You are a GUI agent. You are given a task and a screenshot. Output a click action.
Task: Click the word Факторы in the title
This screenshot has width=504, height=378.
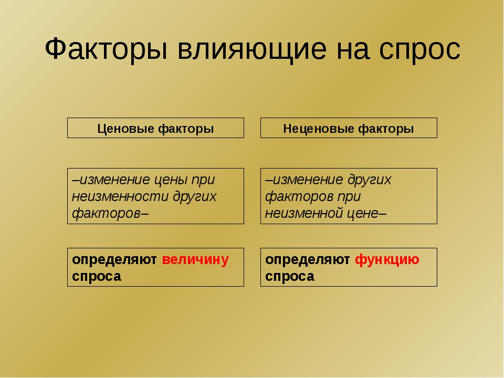(x=106, y=49)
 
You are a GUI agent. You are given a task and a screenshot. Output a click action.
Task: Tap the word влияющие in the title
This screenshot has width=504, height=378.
(x=252, y=49)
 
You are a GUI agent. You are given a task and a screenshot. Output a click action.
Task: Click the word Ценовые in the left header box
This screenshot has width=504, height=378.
(x=125, y=129)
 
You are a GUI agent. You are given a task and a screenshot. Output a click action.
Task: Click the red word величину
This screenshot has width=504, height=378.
(x=195, y=259)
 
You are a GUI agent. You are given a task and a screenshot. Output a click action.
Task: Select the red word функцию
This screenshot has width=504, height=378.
(x=387, y=260)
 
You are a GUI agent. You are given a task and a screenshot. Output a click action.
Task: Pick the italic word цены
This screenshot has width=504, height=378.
(x=170, y=180)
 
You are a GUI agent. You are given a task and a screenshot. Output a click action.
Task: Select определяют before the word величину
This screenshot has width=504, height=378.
(x=114, y=260)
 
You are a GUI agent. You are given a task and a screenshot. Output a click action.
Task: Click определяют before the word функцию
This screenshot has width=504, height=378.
(x=307, y=260)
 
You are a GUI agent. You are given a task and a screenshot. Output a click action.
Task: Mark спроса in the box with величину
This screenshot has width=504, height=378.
(x=97, y=277)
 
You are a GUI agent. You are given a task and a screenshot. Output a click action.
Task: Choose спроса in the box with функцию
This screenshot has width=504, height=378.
(x=290, y=277)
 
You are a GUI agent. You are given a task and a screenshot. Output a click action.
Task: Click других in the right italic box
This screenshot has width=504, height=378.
(x=369, y=180)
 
